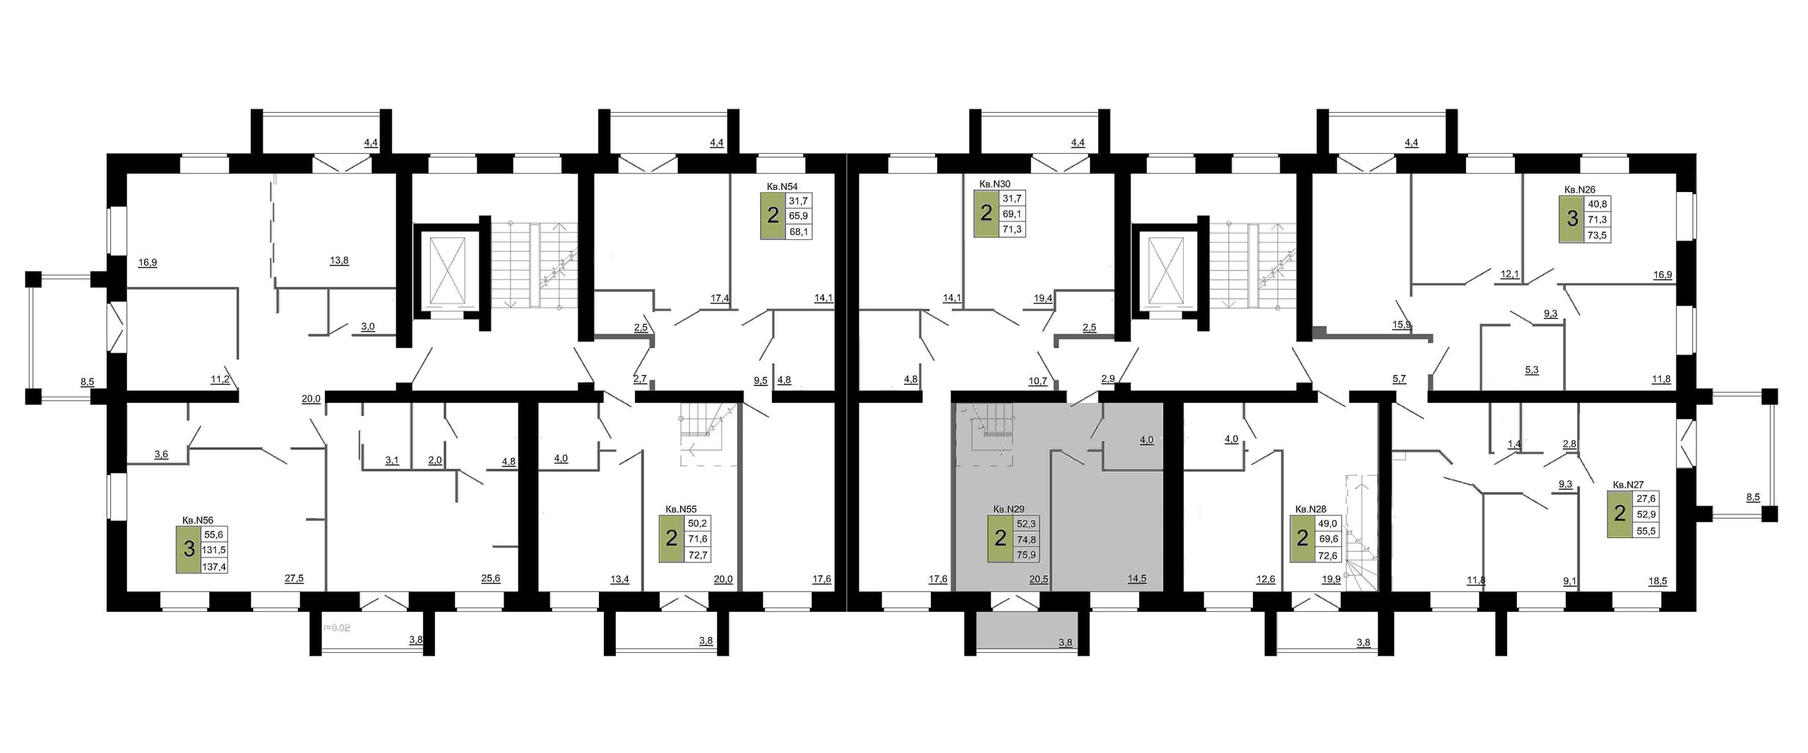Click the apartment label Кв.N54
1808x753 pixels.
783,186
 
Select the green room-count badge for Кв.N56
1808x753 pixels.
189,549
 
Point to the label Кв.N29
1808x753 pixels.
1009,509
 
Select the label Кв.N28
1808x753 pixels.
1311,509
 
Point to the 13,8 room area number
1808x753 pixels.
339,260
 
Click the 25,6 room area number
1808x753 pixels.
491,579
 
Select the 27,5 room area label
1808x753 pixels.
294,579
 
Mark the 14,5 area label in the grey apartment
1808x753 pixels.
1137,579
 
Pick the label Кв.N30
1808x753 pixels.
995,184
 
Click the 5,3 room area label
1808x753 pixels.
1532,369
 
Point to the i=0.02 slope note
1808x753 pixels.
337,627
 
